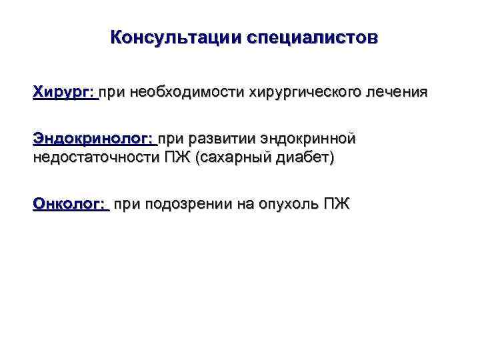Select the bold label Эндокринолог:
[93, 139]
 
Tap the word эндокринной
[308, 139]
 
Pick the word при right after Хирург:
[115, 91]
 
